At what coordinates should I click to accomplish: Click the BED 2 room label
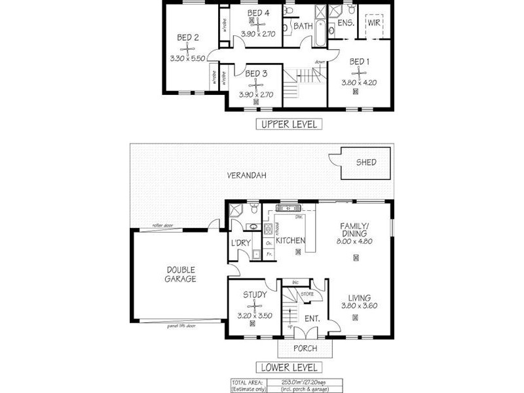pos(188,38)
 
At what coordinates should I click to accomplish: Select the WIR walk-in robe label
pos(374,22)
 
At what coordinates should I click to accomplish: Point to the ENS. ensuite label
pos(346,23)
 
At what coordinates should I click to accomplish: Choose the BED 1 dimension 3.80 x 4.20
pos(360,83)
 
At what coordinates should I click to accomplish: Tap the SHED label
pos(365,162)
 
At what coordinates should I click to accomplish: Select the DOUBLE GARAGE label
pos(181,274)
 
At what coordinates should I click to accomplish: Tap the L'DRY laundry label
pos(240,244)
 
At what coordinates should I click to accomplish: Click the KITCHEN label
pos(290,240)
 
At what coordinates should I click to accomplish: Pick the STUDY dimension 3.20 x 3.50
pos(254,315)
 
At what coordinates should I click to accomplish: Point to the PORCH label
pos(305,348)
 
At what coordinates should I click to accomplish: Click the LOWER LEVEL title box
pos(288,367)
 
